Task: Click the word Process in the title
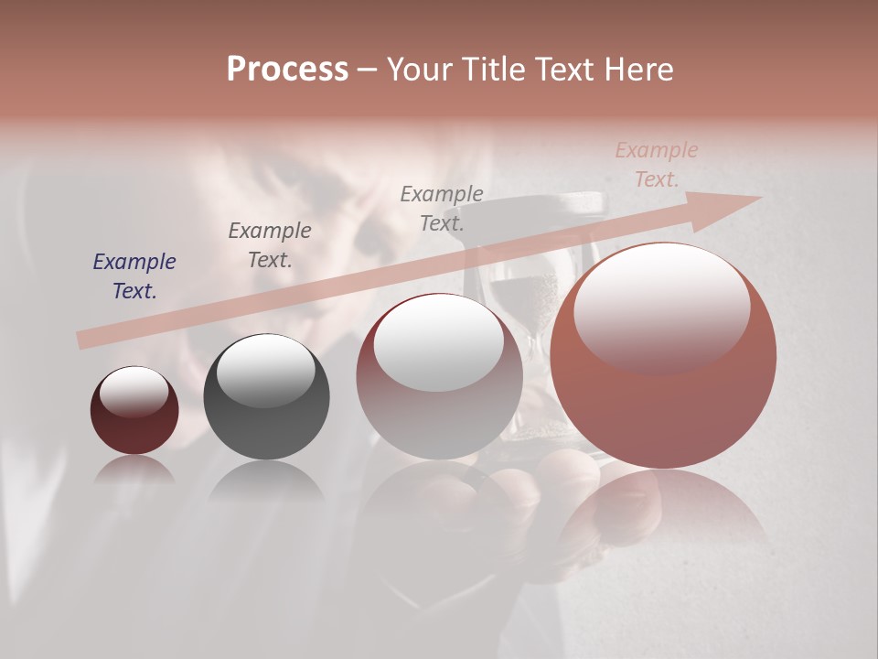(287, 70)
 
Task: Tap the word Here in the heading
(637, 70)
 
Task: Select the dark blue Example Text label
(134, 275)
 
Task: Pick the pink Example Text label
(656, 165)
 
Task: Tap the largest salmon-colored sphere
(663, 403)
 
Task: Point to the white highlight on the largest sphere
(661, 307)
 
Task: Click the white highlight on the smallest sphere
(134, 392)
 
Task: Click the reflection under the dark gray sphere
(266, 481)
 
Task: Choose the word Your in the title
(420, 70)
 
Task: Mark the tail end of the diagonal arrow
(82, 340)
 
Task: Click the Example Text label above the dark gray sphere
(270, 244)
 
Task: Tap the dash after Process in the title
(367, 70)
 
